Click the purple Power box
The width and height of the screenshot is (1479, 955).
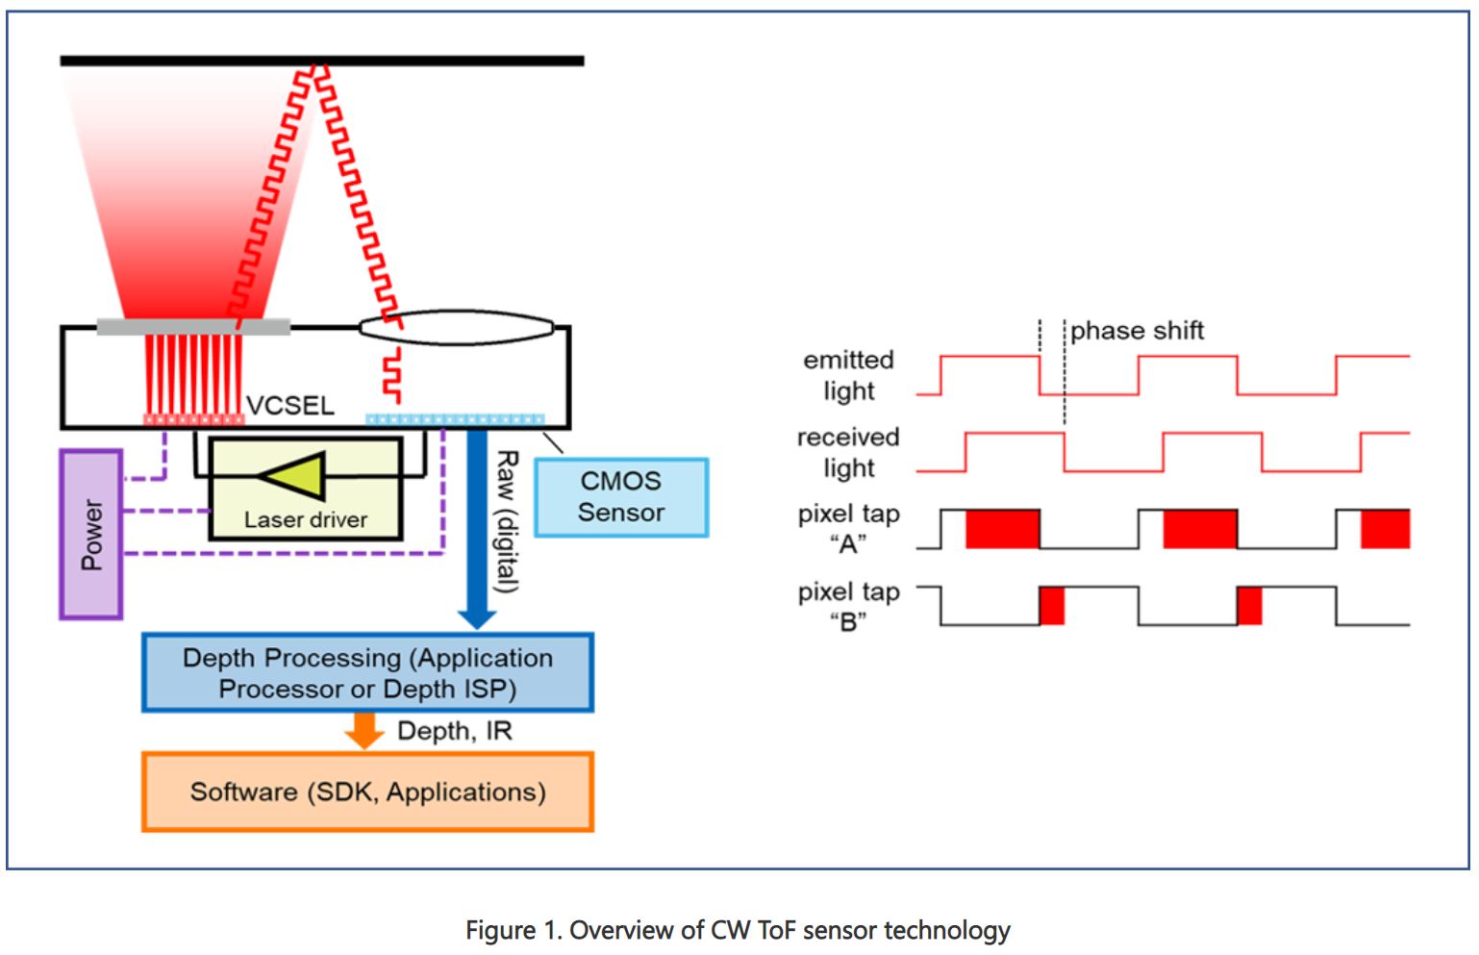click(91, 534)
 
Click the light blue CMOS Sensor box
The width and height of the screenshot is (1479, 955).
click(621, 497)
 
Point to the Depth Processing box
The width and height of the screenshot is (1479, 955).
click(367, 673)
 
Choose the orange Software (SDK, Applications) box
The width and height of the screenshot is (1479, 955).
click(367, 792)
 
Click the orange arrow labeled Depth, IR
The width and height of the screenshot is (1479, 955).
click(364, 729)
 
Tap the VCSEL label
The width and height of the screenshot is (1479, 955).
click(289, 405)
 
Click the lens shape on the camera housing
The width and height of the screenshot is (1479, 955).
click(457, 327)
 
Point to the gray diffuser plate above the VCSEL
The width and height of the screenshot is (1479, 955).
click(193, 327)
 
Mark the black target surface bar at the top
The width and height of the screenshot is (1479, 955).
click(322, 61)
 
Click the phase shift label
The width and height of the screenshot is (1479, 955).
click(1137, 331)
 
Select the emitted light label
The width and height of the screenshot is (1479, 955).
click(848, 375)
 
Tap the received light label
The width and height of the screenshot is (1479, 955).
click(848, 452)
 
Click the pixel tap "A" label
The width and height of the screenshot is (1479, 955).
click(848, 529)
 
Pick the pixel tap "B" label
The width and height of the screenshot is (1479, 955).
click(848, 606)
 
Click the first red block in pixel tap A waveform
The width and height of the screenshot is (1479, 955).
click(1002, 529)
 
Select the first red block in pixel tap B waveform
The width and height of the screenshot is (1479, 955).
click(1052, 606)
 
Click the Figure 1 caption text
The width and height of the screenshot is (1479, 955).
click(738, 930)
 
